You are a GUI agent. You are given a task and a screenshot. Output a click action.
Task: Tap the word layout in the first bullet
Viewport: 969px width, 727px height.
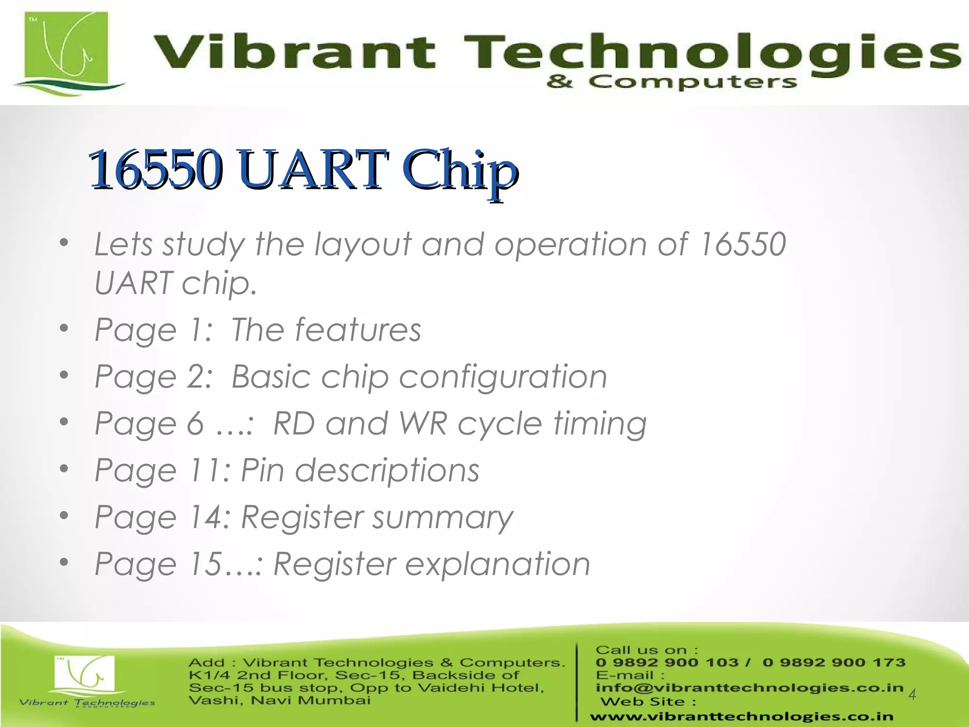click(363, 245)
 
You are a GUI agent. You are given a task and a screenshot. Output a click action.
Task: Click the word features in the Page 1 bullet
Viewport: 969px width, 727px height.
click(358, 330)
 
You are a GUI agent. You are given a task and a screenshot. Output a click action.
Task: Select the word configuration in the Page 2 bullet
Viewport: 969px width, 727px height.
click(502, 377)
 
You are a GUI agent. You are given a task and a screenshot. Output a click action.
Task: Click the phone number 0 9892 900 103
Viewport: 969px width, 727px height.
click(667, 663)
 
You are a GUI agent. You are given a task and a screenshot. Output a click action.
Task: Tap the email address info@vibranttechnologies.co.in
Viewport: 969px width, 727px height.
click(749, 688)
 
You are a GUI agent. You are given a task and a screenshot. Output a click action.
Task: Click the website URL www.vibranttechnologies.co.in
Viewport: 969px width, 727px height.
click(741, 717)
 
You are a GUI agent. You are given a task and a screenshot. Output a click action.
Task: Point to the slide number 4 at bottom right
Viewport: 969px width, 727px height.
click(912, 694)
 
